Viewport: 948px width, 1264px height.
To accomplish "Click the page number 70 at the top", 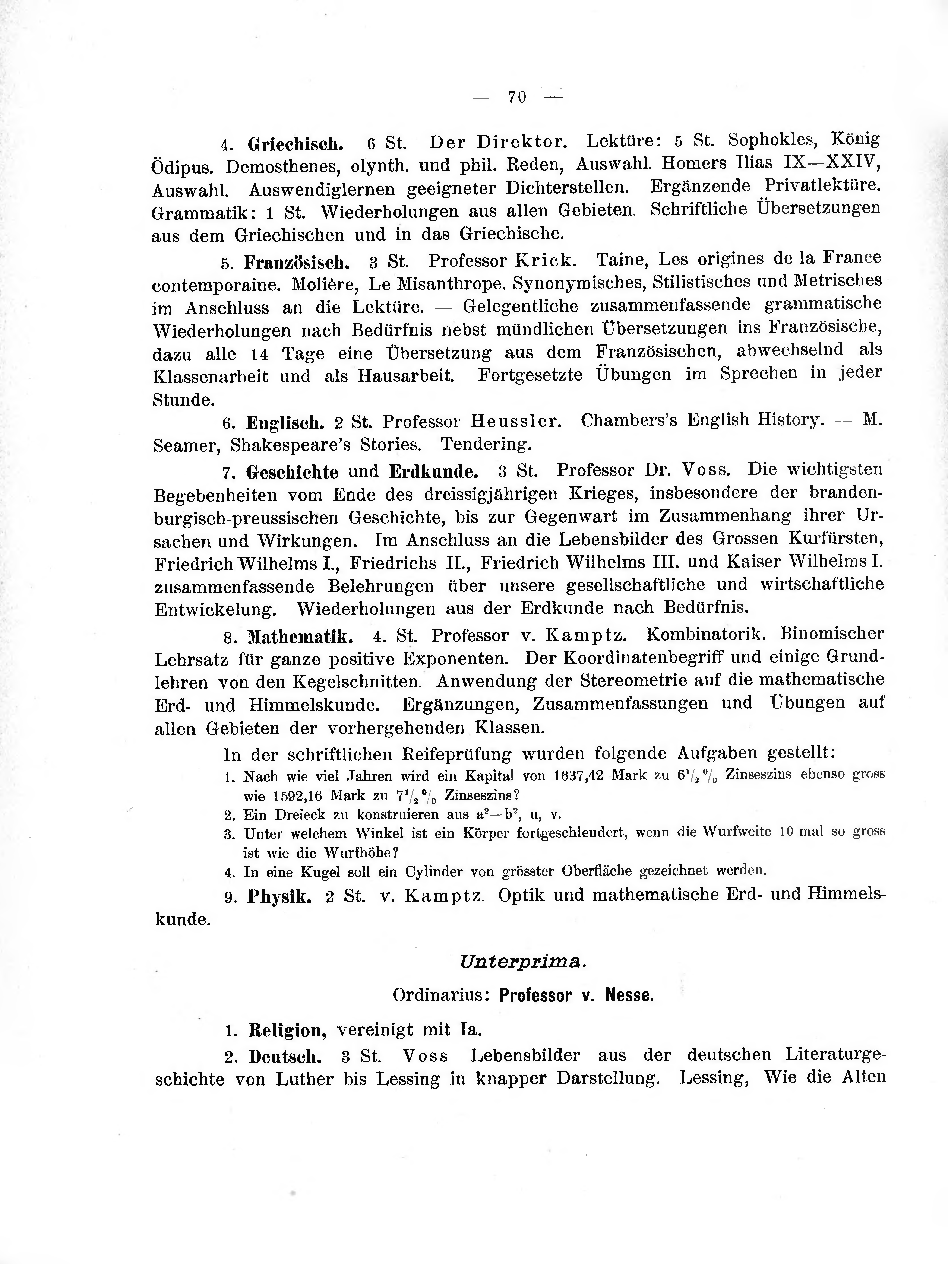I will click(x=516, y=97).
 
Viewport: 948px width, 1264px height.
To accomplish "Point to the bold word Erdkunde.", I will click(x=433, y=472).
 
